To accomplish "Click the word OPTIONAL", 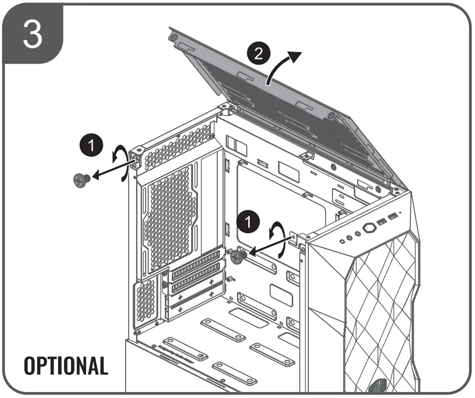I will pyautogui.click(x=66, y=366).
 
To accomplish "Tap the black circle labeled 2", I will pyautogui.click(x=258, y=54).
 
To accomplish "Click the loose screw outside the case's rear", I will pyautogui.click(x=81, y=179).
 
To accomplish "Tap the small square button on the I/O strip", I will pyautogui.click(x=342, y=241).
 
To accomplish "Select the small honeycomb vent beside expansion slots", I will pyautogui.click(x=146, y=300).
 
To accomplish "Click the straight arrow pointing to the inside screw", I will pyautogui.click(x=269, y=245).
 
